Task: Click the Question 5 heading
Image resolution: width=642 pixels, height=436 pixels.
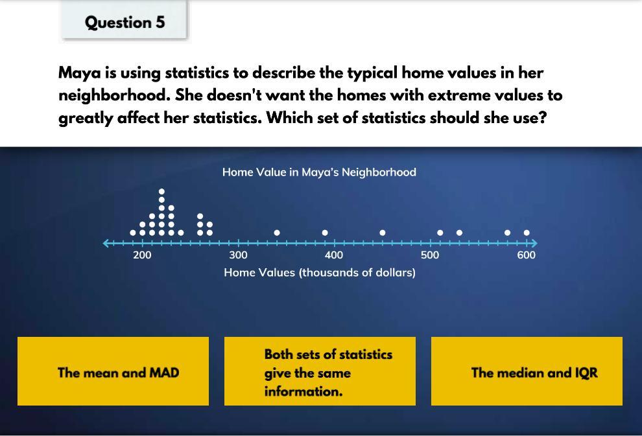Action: pyautogui.click(x=125, y=22)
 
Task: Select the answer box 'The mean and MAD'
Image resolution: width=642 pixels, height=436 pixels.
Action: pyautogui.click(x=113, y=371)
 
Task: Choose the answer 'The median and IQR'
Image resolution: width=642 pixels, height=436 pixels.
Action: pyautogui.click(x=527, y=371)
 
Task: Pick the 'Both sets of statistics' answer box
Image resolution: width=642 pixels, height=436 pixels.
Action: pyautogui.click(x=320, y=371)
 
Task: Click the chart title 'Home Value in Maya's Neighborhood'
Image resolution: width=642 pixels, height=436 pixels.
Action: pyautogui.click(x=319, y=172)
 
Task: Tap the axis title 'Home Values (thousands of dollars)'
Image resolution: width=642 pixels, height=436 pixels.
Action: pyautogui.click(x=319, y=272)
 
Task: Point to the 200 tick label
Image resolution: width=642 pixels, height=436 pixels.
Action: pyautogui.click(x=142, y=255)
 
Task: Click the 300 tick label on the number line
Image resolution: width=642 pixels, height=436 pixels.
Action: pyautogui.click(x=238, y=255)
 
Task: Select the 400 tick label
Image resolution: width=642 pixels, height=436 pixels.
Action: pyautogui.click(x=334, y=255)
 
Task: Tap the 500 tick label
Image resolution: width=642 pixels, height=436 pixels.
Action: pyautogui.click(x=430, y=255)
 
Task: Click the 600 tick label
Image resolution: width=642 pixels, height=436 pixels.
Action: pyautogui.click(x=526, y=255)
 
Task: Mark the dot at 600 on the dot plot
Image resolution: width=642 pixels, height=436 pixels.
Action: pyautogui.click(x=527, y=233)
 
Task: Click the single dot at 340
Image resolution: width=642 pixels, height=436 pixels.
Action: pyautogui.click(x=277, y=233)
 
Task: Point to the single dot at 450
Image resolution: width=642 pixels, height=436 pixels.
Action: pyautogui.click(x=383, y=233)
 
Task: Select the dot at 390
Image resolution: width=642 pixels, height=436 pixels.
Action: pyautogui.click(x=325, y=233)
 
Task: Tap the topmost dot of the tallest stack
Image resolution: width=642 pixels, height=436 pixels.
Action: pyautogui.click(x=161, y=191)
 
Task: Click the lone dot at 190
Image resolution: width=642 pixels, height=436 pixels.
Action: pyautogui.click(x=133, y=233)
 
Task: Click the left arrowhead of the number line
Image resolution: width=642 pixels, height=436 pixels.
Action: pyautogui.click(x=106, y=244)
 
